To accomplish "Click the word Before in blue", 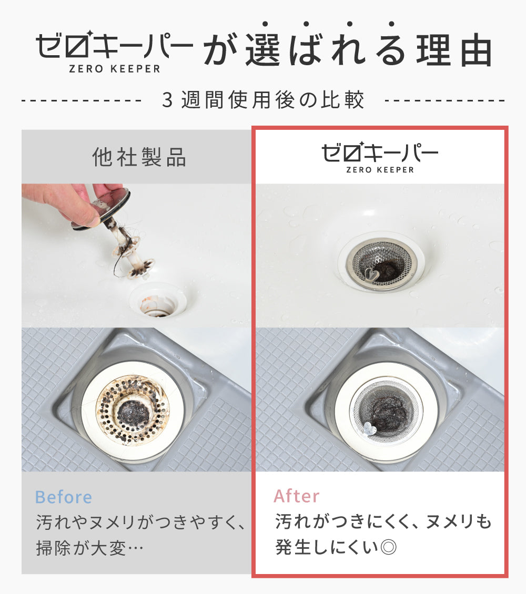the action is pyautogui.click(x=63, y=497).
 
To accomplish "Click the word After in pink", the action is pyautogui.click(x=297, y=496).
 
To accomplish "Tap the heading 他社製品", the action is pyautogui.click(x=139, y=157).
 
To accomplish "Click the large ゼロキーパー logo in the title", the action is pyautogui.click(x=114, y=51).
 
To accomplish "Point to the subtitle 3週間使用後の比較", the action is pyautogui.click(x=263, y=100).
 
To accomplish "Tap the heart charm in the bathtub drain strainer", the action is pyautogui.click(x=371, y=274).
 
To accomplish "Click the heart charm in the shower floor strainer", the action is pyautogui.click(x=369, y=429).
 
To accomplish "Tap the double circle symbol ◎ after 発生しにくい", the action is pyautogui.click(x=388, y=547).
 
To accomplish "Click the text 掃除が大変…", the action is pyautogui.click(x=90, y=548).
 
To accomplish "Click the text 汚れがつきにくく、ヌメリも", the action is pyautogui.click(x=383, y=521).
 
